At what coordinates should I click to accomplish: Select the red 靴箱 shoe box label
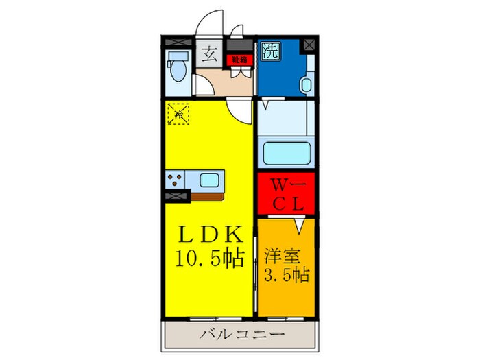tap(239, 59)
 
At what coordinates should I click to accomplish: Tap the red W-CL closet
tap(286, 194)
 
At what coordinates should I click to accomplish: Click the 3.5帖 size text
tap(286, 276)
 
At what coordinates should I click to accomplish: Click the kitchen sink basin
tap(210, 180)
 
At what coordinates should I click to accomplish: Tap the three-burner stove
tap(176, 180)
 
